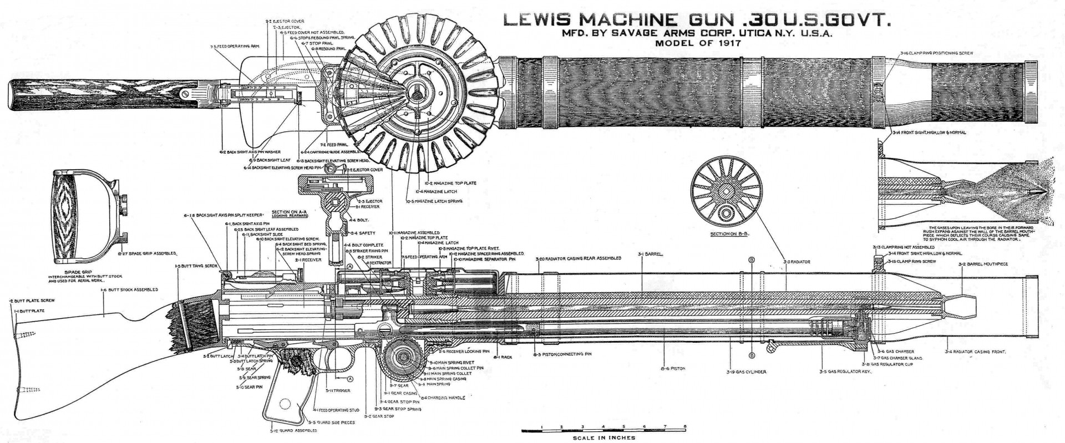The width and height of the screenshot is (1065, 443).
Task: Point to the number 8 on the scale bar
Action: pos(686,426)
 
